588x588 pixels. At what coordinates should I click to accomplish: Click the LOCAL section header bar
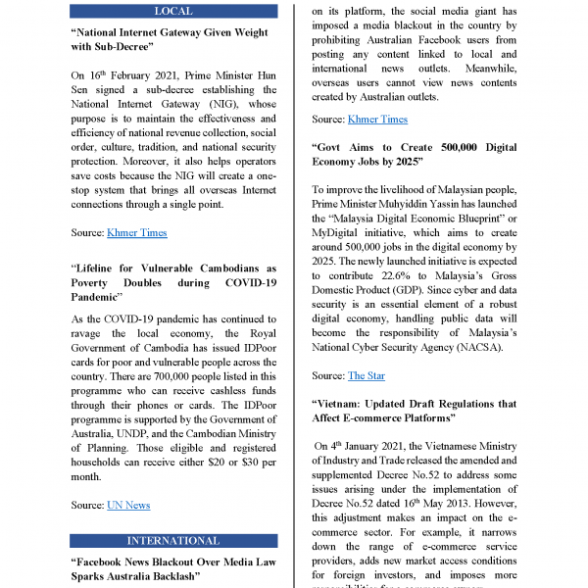coord(173,12)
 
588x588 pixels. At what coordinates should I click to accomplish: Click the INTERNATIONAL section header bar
coord(173,540)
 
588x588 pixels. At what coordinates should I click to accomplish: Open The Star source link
coord(367,375)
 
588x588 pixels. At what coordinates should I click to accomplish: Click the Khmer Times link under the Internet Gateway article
coord(136,232)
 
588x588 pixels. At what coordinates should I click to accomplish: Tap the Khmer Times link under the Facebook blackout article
coord(377,119)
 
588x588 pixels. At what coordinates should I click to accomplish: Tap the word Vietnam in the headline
coord(346,404)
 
